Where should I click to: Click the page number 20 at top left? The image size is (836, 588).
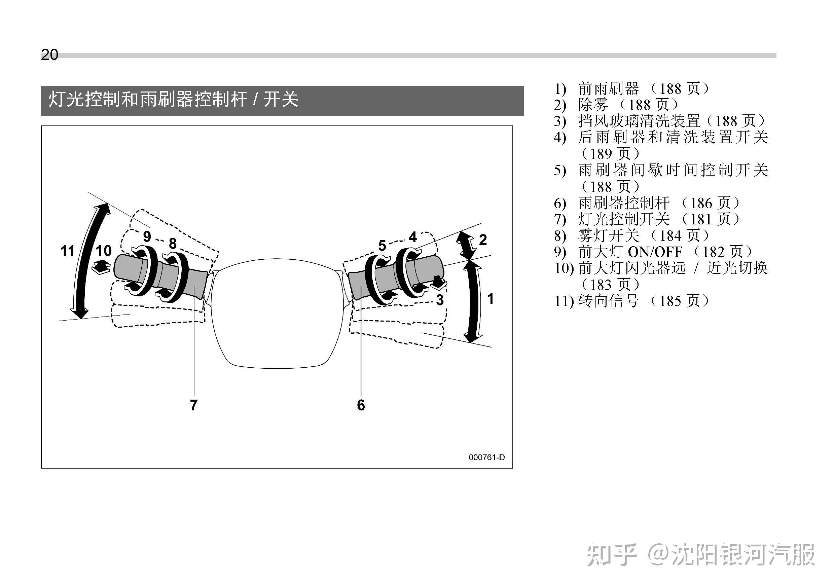49,54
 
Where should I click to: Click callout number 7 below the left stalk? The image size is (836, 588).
194,405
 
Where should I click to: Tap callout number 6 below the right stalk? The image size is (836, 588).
361,405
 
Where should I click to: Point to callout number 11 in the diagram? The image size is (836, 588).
67,251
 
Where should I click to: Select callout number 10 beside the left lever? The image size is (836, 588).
103,251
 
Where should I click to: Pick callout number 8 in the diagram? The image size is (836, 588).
173,243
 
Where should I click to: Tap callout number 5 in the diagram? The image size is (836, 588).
382,246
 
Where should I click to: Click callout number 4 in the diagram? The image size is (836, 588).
412,237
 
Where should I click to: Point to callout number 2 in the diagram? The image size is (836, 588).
483,240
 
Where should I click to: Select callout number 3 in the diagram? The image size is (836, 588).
440,300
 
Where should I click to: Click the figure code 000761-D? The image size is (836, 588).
486,457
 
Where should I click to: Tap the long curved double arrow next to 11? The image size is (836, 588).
87,260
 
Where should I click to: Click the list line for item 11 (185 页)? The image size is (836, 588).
632,301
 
